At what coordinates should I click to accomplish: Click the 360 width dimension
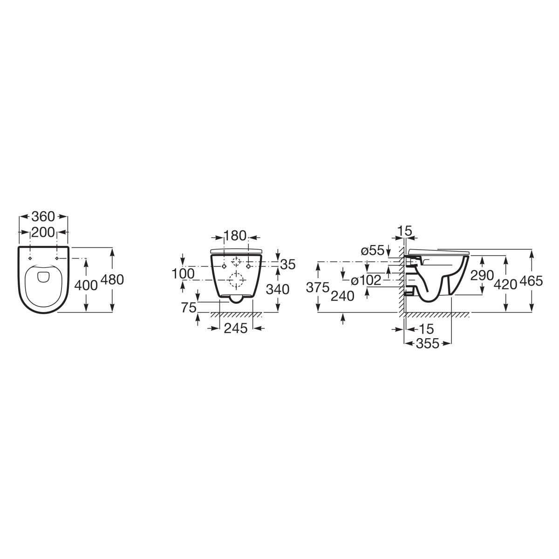(43, 217)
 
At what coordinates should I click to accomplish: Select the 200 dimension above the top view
(43, 232)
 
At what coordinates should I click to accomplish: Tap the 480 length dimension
(112, 279)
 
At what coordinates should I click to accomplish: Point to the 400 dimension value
(86, 286)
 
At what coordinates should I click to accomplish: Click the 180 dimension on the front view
(235, 236)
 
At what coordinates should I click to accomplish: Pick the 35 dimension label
(288, 265)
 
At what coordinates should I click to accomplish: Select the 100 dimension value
(183, 273)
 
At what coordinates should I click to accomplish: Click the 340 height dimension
(278, 289)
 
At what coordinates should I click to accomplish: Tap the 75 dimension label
(189, 308)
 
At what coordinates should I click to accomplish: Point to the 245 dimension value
(236, 328)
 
